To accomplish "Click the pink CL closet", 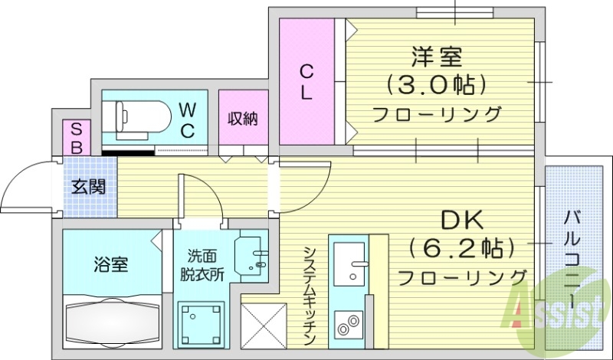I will click(306, 83).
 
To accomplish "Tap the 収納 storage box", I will click(243, 118).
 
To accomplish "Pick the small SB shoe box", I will click(77, 138).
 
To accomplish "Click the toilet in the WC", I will click(141, 117).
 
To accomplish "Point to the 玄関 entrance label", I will click(89, 187).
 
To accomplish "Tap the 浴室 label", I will click(111, 266).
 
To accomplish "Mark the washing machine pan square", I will click(202, 326).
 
